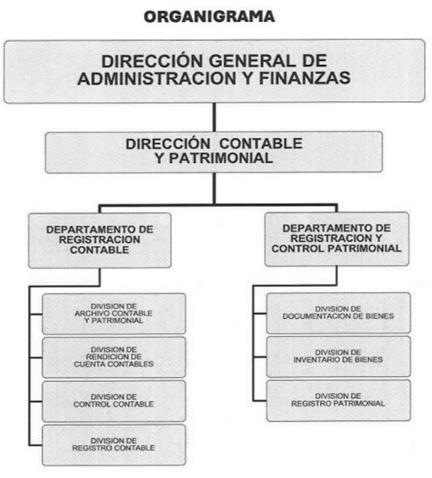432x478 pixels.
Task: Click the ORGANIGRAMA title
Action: click(x=209, y=17)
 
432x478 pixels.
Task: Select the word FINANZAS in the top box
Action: click(x=304, y=78)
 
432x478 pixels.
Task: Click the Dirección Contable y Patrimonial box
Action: click(x=214, y=152)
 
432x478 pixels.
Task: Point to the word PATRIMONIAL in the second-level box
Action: click(x=221, y=158)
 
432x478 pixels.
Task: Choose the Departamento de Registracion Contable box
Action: click(x=100, y=240)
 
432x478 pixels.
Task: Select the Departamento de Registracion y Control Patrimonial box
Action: click(x=337, y=239)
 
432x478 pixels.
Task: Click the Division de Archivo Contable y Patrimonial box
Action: click(x=114, y=314)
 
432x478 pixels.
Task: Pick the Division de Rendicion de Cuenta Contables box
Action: click(x=114, y=357)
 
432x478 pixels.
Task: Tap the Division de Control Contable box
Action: click(x=114, y=401)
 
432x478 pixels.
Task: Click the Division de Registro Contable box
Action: click(x=114, y=445)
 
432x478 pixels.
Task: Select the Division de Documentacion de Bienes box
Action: click(x=338, y=312)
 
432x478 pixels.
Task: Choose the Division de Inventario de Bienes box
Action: click(x=338, y=356)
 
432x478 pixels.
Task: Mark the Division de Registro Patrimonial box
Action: click(x=338, y=400)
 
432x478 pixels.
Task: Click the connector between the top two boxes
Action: click(x=214, y=117)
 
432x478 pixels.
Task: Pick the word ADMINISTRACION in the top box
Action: click(x=157, y=78)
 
